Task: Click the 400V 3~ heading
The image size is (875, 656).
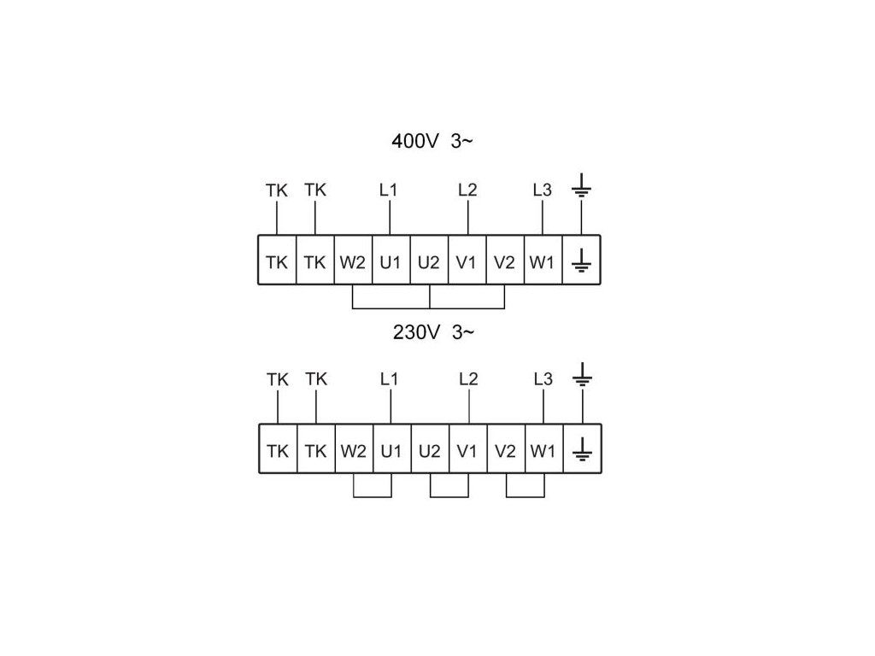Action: (432, 141)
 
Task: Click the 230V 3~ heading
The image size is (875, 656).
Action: (433, 332)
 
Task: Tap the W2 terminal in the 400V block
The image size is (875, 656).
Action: (353, 261)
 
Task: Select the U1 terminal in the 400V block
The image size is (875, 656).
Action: (391, 261)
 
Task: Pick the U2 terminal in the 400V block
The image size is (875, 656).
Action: (429, 261)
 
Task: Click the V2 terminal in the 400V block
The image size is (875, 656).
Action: (504, 261)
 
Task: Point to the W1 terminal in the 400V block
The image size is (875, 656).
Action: (543, 261)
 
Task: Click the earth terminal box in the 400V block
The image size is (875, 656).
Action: (581, 261)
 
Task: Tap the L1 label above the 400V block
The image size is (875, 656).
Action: (389, 190)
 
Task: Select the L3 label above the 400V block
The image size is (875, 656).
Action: (542, 190)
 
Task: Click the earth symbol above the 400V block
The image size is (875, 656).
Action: (581, 185)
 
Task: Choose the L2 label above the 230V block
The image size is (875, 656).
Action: (468, 379)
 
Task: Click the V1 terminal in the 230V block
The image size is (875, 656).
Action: (467, 449)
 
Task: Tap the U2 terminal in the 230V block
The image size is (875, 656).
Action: (430, 449)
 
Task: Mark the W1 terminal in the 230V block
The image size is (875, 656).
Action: (543, 449)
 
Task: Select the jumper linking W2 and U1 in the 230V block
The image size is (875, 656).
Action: (373, 496)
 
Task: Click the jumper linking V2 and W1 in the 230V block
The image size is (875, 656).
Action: (526, 496)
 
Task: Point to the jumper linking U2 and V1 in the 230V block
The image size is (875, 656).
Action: (449, 496)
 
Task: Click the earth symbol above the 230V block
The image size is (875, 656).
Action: (583, 375)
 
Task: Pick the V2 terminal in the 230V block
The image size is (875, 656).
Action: (506, 449)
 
